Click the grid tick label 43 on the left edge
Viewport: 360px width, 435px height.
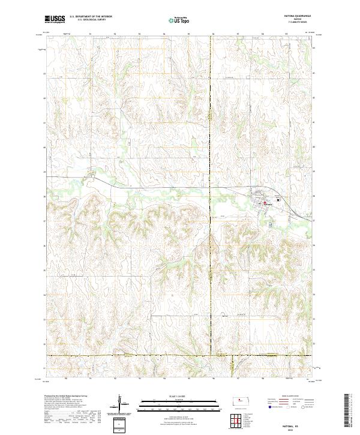(x=44, y=74)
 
